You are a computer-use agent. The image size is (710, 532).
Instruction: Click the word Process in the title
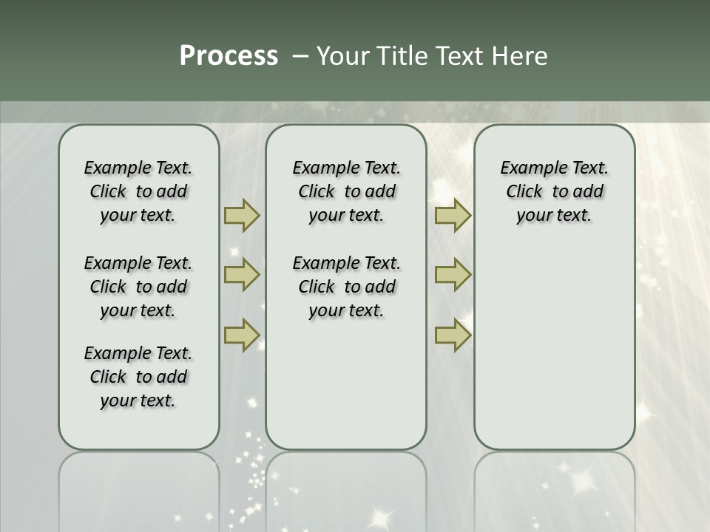(x=229, y=56)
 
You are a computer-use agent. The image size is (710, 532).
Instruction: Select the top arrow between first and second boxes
(x=241, y=215)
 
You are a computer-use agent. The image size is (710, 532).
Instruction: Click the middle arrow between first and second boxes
(x=241, y=275)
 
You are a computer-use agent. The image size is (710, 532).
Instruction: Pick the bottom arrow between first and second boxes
(x=241, y=335)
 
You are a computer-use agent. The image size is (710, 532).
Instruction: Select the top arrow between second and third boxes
(x=453, y=215)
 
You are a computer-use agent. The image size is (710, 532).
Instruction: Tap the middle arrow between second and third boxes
(x=453, y=275)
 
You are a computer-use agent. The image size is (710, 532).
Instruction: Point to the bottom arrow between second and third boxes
(x=453, y=335)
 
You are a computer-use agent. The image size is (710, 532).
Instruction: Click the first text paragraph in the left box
(x=138, y=191)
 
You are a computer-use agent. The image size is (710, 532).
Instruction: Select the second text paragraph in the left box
(x=138, y=287)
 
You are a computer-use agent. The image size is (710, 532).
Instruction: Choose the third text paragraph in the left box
(x=138, y=377)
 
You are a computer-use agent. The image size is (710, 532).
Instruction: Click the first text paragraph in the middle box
(x=347, y=191)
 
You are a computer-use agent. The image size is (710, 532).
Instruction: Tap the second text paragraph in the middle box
(x=347, y=287)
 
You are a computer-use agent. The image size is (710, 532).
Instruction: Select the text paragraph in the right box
(x=555, y=191)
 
